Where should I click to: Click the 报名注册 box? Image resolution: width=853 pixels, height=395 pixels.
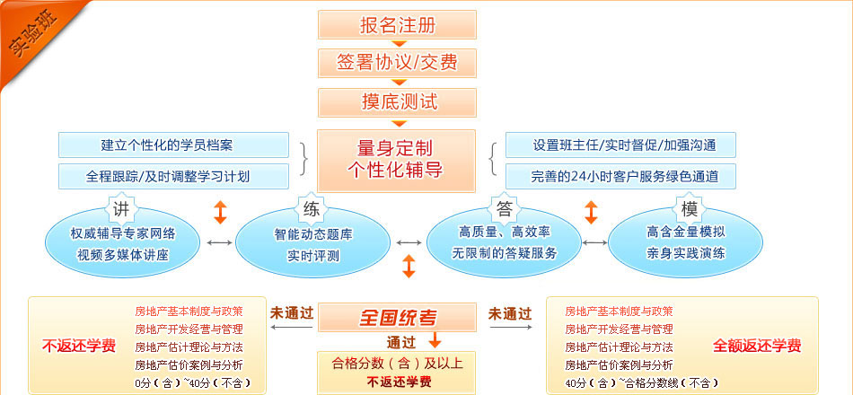coord(397,23)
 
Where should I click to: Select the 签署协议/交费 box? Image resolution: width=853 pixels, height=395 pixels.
coord(397,62)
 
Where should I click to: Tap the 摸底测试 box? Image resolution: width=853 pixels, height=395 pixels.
coord(397,101)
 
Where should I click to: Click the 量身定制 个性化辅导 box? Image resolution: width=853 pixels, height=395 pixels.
coord(397,159)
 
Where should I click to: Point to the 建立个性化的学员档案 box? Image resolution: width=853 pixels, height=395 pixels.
coord(173,145)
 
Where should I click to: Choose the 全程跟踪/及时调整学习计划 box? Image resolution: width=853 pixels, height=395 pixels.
coord(173,176)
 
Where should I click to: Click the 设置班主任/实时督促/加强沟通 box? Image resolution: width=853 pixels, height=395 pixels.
coord(621,145)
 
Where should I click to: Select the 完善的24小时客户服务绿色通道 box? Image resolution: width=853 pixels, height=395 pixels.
coord(621,176)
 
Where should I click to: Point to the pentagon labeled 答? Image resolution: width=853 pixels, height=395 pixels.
coord(504,209)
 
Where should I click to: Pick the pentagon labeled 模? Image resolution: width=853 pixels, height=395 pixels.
coord(689,209)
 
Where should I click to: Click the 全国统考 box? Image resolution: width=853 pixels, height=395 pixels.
coord(397,317)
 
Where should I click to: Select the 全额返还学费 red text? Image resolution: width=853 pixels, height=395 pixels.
coord(757,346)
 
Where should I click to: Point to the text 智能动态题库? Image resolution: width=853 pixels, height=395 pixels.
coord(313,234)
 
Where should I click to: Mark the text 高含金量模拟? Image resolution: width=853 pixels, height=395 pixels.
coord(686,232)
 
